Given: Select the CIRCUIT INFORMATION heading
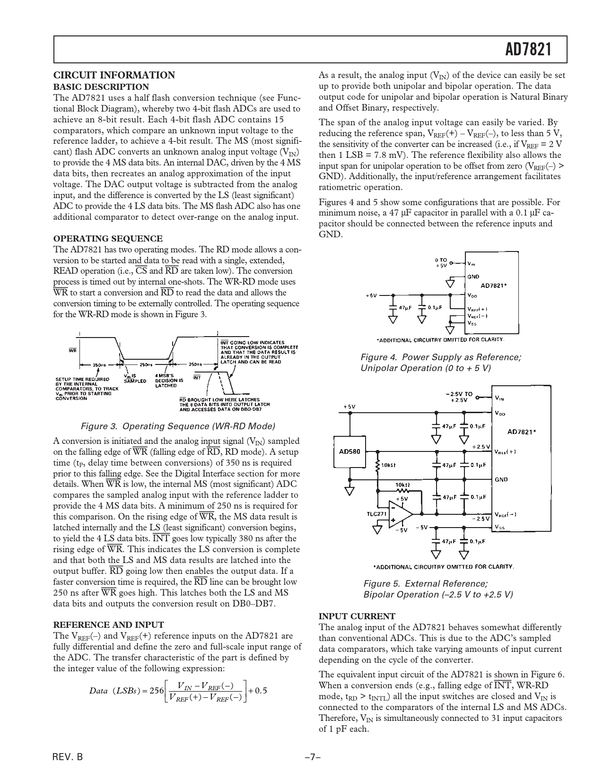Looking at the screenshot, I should click(x=114, y=75).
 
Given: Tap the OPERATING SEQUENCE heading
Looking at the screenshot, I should click(x=108, y=238).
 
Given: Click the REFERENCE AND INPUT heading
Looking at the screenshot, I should click(x=109, y=624).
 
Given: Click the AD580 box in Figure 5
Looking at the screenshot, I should click(x=350, y=451).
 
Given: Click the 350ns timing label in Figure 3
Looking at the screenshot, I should click(x=99, y=364).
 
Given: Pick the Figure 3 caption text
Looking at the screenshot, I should click(x=178, y=426).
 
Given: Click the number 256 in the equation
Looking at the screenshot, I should click(x=156, y=690).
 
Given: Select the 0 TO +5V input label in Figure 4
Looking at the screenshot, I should click(x=441, y=263).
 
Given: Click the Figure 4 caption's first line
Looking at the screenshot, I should click(x=441, y=357).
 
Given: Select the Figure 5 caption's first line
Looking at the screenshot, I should click(x=425, y=583).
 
